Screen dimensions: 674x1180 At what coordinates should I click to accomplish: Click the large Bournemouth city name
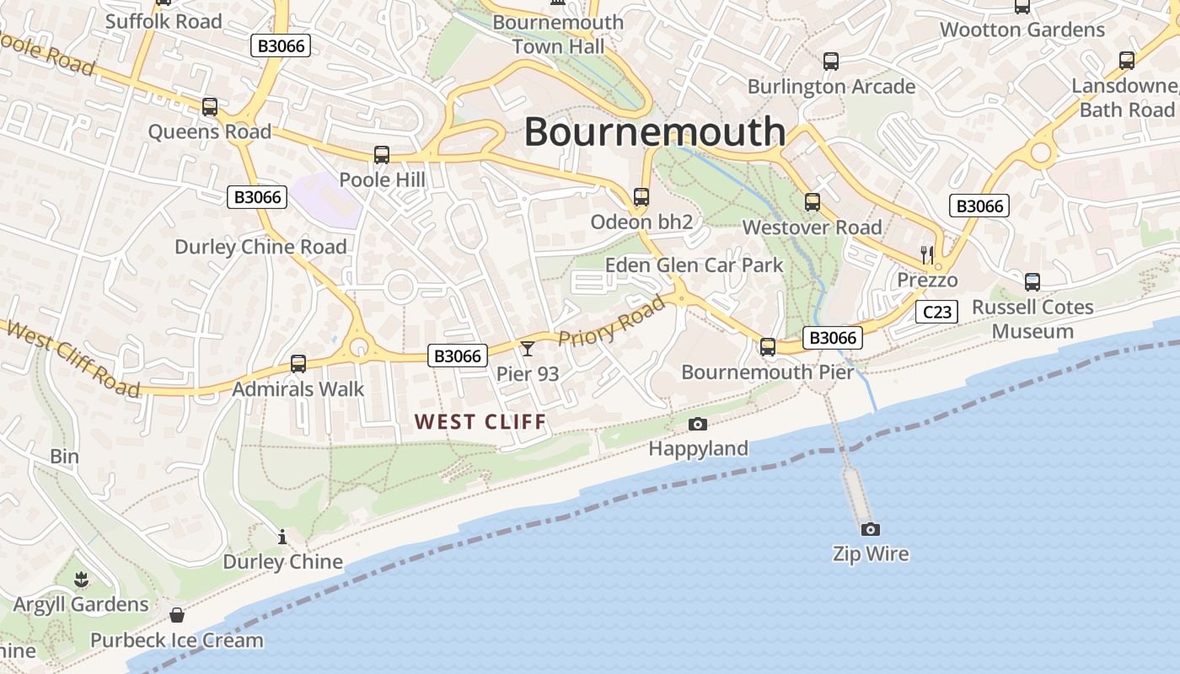(x=655, y=132)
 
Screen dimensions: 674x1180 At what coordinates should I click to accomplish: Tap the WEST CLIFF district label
(x=481, y=421)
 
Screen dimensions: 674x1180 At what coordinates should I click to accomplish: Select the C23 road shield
(x=936, y=313)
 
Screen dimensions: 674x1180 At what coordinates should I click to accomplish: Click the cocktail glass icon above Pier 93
(x=528, y=348)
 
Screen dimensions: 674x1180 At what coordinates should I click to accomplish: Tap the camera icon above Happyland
(x=698, y=424)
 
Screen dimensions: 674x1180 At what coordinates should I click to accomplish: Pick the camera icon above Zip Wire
(x=871, y=529)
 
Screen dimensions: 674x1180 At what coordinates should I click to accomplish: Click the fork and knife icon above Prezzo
(x=927, y=254)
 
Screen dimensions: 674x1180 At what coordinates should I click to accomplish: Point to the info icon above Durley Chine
(x=282, y=537)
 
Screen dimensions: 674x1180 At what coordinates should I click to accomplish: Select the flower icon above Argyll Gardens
(x=81, y=579)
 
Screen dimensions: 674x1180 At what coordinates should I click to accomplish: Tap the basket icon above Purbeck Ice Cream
(x=177, y=615)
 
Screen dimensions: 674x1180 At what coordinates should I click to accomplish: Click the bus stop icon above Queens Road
(x=210, y=107)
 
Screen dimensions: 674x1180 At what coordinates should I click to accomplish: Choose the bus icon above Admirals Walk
(x=298, y=364)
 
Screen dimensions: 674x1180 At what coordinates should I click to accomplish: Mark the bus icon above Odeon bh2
(x=641, y=197)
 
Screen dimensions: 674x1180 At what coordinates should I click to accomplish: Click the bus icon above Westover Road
(x=813, y=202)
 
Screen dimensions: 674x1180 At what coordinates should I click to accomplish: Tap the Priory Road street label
(x=612, y=320)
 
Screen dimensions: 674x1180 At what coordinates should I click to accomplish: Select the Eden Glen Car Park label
(x=695, y=265)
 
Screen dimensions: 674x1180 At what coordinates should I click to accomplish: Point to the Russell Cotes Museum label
(x=1032, y=319)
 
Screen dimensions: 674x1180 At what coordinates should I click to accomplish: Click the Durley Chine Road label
(x=260, y=247)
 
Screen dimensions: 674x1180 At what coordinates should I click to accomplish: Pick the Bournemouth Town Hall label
(x=558, y=34)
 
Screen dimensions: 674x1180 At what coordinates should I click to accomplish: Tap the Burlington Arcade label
(x=831, y=87)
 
